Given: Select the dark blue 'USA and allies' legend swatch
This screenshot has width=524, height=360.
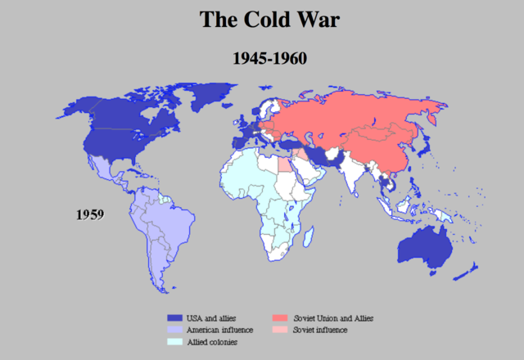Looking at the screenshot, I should point(173,317).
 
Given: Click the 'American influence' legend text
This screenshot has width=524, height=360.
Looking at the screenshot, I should point(219,329).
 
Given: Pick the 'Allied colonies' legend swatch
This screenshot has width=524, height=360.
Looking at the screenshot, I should point(173,341).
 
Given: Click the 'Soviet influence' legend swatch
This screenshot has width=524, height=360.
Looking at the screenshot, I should point(279,329).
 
